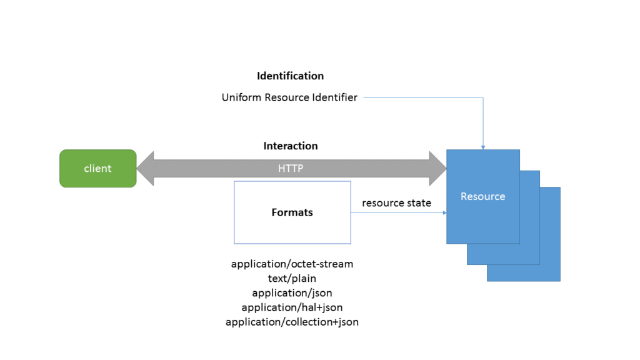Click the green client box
97,168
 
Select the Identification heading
290,76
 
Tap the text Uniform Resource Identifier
289,97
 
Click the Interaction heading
290,146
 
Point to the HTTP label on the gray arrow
291,169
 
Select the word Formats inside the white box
292,212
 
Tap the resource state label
396,203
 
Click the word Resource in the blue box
482,196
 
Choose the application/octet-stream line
292,264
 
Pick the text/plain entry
292,278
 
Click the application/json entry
292,292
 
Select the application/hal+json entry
292,307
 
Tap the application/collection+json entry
292,322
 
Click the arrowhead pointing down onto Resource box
483,147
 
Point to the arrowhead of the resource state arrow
444,213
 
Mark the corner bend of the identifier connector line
483,98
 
